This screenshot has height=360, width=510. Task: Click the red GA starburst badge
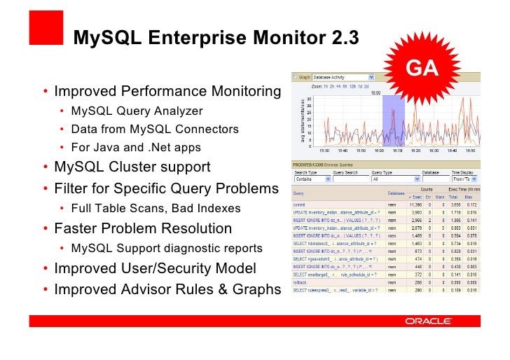click(x=422, y=68)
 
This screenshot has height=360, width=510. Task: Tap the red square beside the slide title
click(x=43, y=29)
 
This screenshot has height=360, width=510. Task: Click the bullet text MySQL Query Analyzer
click(x=137, y=111)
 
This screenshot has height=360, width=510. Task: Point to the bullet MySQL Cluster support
click(x=132, y=167)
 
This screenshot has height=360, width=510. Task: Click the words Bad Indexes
click(x=207, y=208)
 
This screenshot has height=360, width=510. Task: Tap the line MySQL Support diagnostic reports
click(x=167, y=248)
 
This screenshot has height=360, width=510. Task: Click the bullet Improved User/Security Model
click(x=155, y=268)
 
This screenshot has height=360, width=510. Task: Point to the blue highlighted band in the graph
click(x=393, y=119)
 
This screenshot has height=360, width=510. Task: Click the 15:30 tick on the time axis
click(x=324, y=150)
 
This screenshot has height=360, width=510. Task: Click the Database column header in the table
click(x=396, y=193)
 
